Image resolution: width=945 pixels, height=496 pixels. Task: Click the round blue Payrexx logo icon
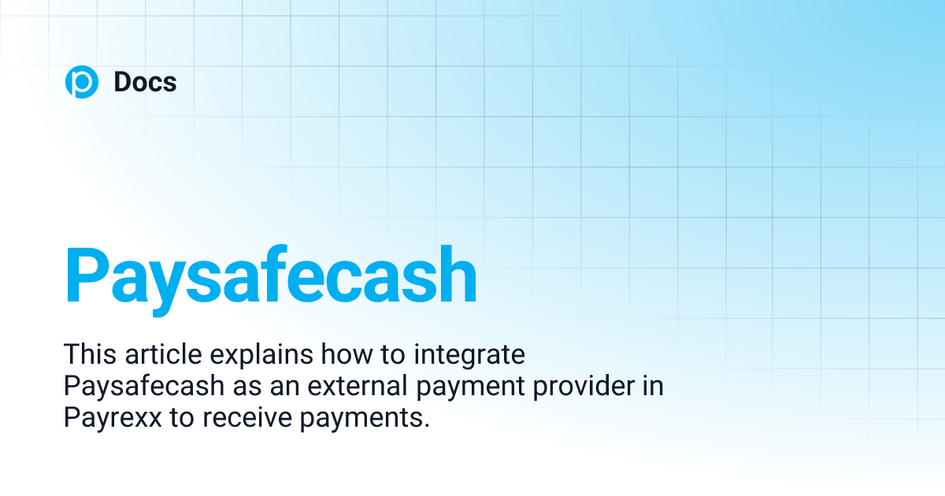coord(82,83)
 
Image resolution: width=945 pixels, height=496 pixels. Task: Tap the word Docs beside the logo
coord(145,83)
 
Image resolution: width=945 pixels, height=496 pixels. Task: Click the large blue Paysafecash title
coord(271,276)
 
